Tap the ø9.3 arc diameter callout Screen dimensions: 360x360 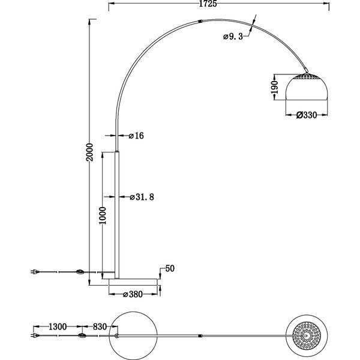[x=232, y=37]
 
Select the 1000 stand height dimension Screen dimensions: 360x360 [x=103, y=214]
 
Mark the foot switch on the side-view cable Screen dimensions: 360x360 [x=80, y=274]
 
